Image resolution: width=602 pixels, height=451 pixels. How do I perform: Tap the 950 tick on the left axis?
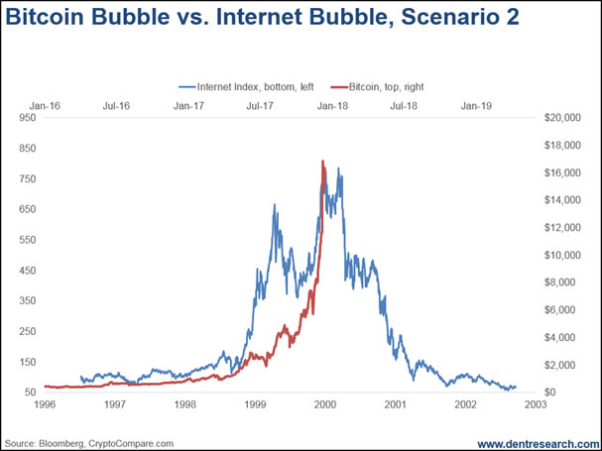[27, 118]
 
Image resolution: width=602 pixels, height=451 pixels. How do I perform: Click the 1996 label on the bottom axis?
[45, 404]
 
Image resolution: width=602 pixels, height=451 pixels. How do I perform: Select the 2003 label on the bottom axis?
[536, 404]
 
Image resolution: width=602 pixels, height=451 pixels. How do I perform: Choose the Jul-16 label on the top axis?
[117, 104]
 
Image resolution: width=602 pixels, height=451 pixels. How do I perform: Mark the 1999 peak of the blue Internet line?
[274, 205]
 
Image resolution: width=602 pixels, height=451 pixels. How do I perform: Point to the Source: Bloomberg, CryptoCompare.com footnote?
[89, 442]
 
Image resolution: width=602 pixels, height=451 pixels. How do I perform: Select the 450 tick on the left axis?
[27, 270]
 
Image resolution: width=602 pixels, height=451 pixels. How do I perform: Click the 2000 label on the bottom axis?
[325, 404]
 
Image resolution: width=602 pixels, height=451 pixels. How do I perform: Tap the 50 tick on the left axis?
[30, 392]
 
